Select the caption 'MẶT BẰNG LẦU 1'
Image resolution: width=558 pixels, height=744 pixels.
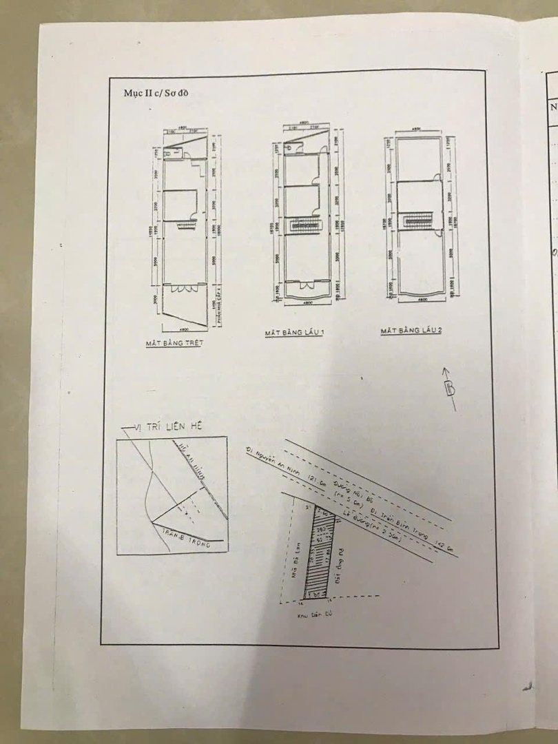point(295,333)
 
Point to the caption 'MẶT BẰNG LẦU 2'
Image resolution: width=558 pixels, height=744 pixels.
point(411,331)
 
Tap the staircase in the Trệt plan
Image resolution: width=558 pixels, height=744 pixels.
point(187,225)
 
